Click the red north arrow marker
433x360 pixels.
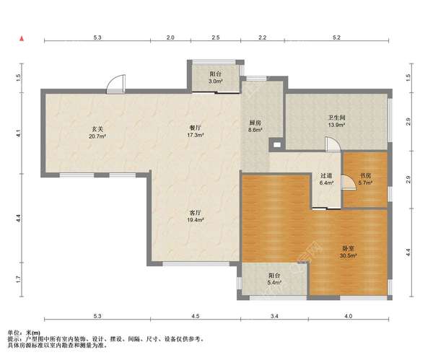[22, 39]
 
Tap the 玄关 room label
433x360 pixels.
[97, 132]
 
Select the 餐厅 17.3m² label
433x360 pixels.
[196, 131]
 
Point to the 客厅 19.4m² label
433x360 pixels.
[196, 216]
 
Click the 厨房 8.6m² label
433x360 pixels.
[255, 126]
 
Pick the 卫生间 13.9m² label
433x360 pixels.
[336, 121]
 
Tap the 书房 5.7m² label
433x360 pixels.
[365, 179]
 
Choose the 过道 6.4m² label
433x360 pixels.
[326, 179]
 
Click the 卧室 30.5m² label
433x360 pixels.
[349, 252]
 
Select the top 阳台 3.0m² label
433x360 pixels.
[216, 78]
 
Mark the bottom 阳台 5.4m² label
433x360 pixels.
[274, 278]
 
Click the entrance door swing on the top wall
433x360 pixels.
[116, 84]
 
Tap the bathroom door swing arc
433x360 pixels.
[333, 144]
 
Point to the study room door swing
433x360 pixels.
[348, 183]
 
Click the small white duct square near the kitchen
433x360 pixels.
[276, 144]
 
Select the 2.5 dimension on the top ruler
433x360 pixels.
[216, 38]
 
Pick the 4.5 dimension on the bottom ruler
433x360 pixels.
[196, 316]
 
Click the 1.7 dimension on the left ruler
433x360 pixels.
[18, 280]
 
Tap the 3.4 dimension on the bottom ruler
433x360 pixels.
[274, 316]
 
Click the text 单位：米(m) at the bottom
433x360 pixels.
[24, 333]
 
